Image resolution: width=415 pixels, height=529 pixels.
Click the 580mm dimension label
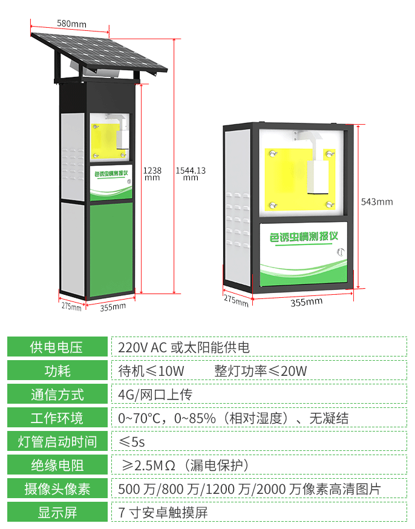point(71,24)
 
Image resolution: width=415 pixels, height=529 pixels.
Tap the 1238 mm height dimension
point(151,174)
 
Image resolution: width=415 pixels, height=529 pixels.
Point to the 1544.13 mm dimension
point(191,174)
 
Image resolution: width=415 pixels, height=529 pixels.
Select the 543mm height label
point(376,202)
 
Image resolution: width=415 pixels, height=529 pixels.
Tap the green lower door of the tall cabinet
point(112,248)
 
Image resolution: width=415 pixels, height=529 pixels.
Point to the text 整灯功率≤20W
point(261,371)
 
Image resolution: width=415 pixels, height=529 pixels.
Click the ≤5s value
point(132,442)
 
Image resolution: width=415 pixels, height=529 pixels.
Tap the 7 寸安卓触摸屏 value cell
point(163,513)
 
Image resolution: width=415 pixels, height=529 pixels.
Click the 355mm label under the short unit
point(306,301)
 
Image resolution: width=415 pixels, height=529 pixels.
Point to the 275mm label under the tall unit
point(71,306)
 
